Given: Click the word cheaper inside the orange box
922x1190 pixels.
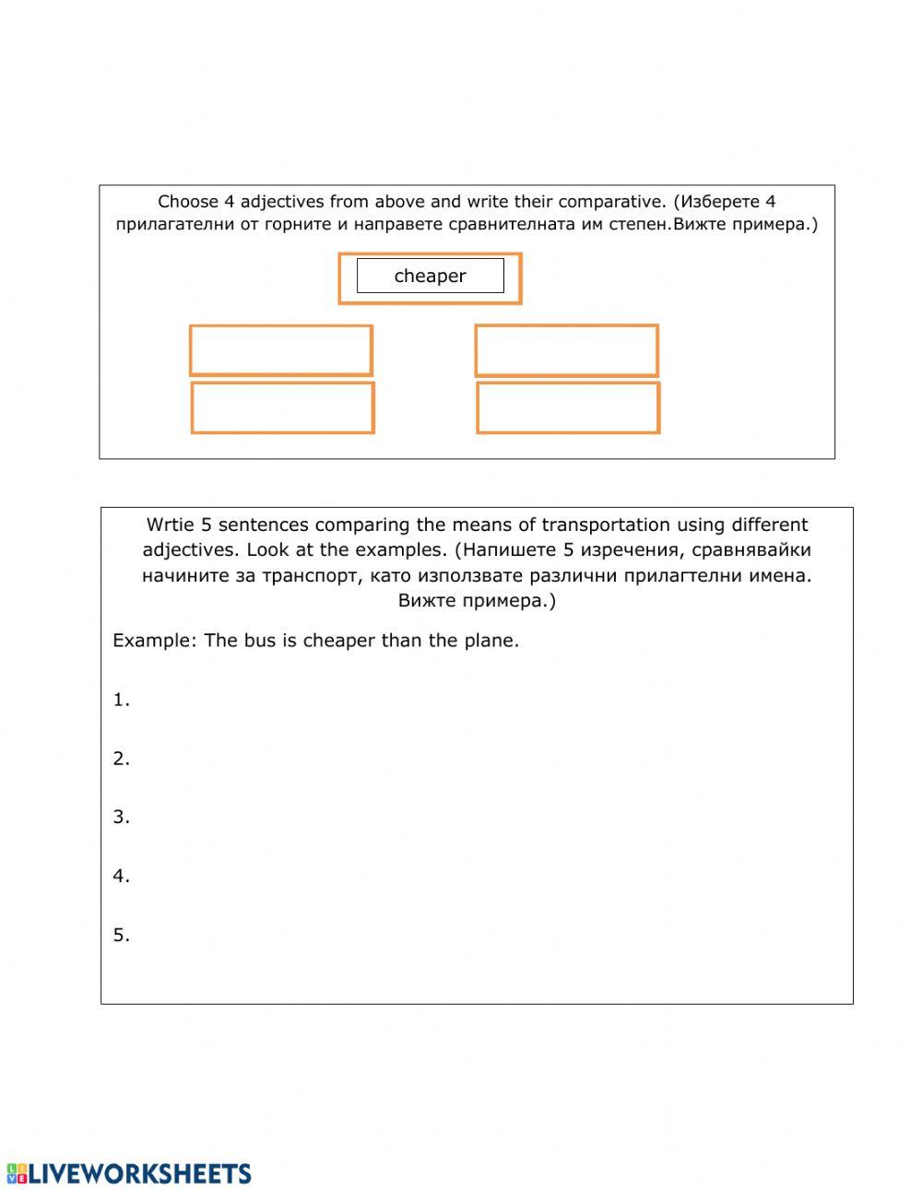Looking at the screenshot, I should tap(430, 276).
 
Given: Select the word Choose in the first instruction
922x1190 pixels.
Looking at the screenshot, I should tap(188, 201).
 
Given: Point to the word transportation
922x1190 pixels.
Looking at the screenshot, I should tap(606, 524).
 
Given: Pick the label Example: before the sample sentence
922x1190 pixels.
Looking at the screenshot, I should tap(154, 641).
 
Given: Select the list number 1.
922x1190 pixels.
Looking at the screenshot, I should tap(121, 700).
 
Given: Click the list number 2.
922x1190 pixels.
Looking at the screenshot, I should tap(121, 759).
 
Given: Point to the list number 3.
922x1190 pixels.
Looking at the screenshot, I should tap(121, 817).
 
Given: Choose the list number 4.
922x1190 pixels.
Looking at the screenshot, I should tap(121, 876).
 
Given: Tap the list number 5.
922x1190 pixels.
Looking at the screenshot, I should tap(121, 935).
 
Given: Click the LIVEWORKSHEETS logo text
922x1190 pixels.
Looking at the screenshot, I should tap(138, 1172).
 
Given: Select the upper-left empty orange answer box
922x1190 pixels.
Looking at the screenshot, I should tap(280, 350).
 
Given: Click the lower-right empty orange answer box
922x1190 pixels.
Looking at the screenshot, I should tap(568, 407).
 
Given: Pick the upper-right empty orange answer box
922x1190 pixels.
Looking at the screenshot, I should tap(566, 350).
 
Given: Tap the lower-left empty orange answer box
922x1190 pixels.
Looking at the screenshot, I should tap(282, 407).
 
